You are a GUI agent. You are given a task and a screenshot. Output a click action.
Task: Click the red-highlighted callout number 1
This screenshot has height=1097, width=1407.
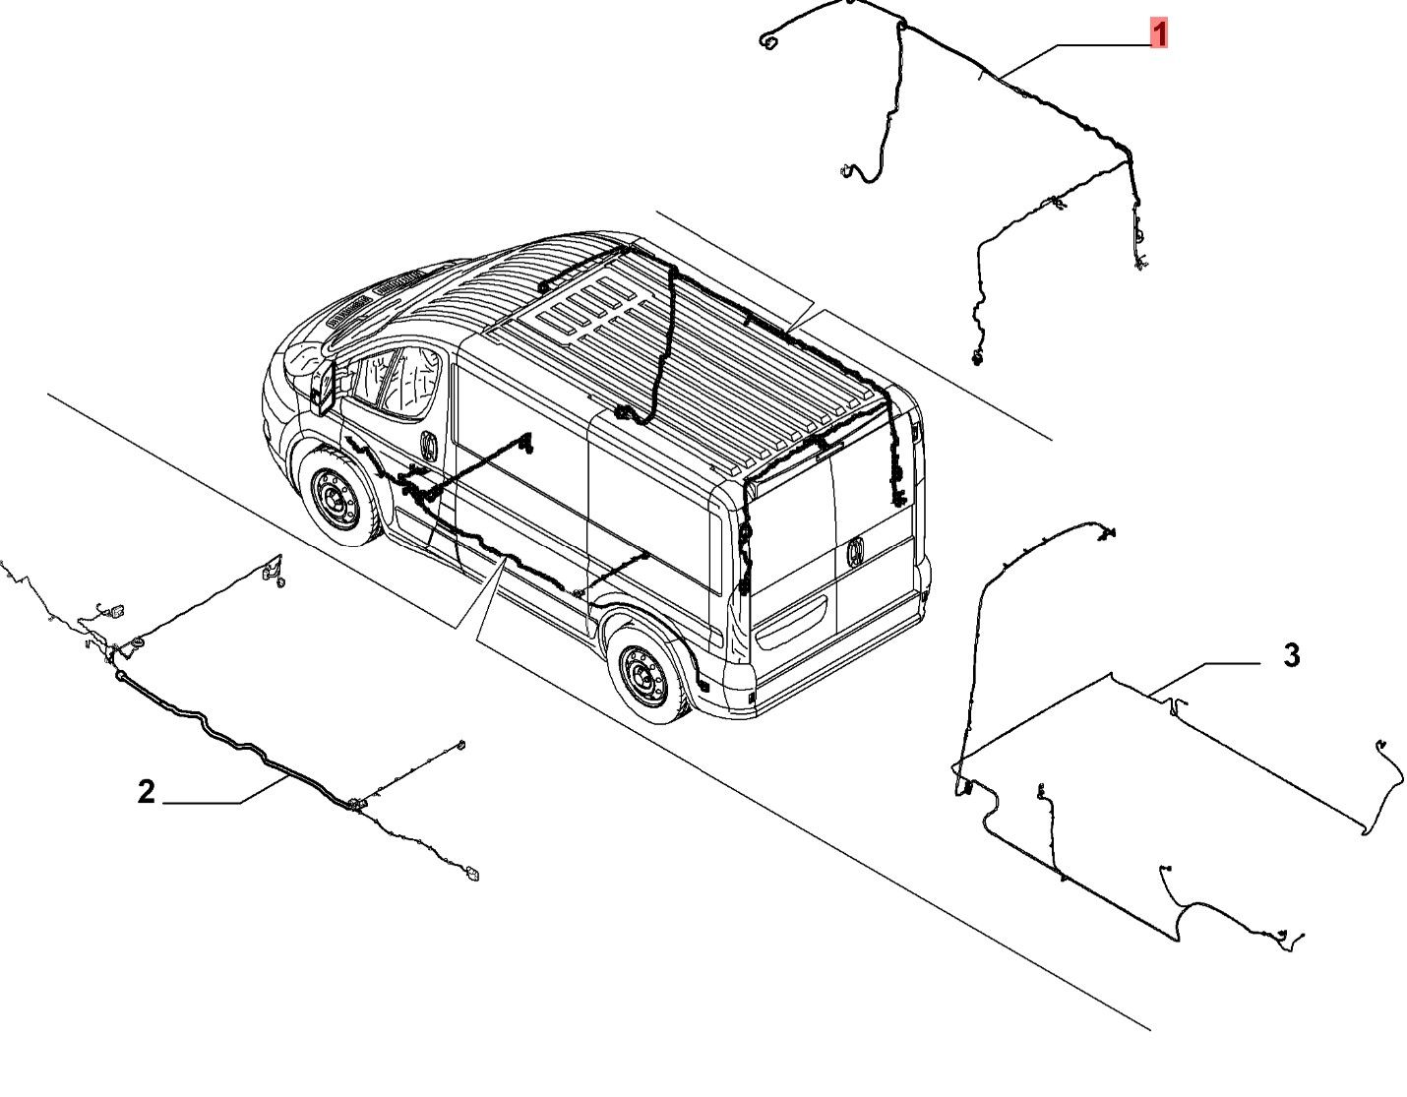point(1159,33)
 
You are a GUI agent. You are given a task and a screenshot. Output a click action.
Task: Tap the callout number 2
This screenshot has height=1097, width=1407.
point(147,792)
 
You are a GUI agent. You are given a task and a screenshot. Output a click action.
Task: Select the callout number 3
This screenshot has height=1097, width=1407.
point(1292,655)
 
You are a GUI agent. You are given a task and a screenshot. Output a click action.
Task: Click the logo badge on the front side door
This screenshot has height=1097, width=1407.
point(429,446)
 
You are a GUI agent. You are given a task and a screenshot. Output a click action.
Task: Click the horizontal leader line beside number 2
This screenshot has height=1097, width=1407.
point(202,804)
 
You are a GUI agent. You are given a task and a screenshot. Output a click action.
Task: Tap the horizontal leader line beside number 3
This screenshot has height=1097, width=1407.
point(1232,663)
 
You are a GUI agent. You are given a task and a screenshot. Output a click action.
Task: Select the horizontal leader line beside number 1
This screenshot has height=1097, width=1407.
point(1104,45)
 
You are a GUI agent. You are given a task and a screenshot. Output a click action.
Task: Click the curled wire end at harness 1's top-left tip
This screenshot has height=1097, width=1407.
point(769,40)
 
